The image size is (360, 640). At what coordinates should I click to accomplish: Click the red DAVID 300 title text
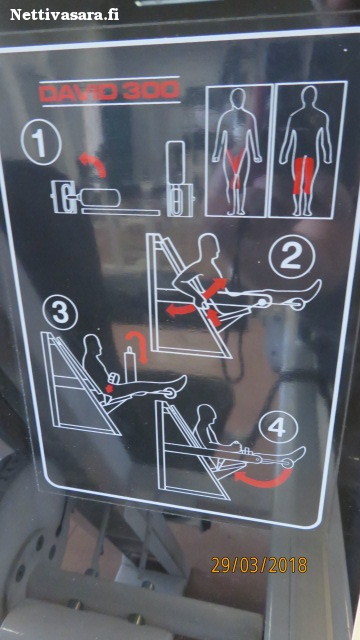(x=109, y=91)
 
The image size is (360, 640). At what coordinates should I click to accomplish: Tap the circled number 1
(x=41, y=142)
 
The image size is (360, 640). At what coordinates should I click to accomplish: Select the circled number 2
(x=291, y=258)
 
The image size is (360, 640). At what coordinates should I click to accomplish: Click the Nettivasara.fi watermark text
(x=64, y=15)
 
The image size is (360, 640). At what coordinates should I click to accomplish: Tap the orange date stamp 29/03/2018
(x=259, y=566)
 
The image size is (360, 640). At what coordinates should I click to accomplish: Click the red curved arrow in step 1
(x=93, y=163)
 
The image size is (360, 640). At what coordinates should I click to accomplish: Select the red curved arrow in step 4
(x=263, y=481)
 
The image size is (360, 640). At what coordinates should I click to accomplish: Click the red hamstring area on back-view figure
(x=304, y=176)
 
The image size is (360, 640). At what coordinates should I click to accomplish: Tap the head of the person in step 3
(x=92, y=344)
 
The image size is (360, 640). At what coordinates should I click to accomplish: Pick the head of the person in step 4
(x=206, y=414)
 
